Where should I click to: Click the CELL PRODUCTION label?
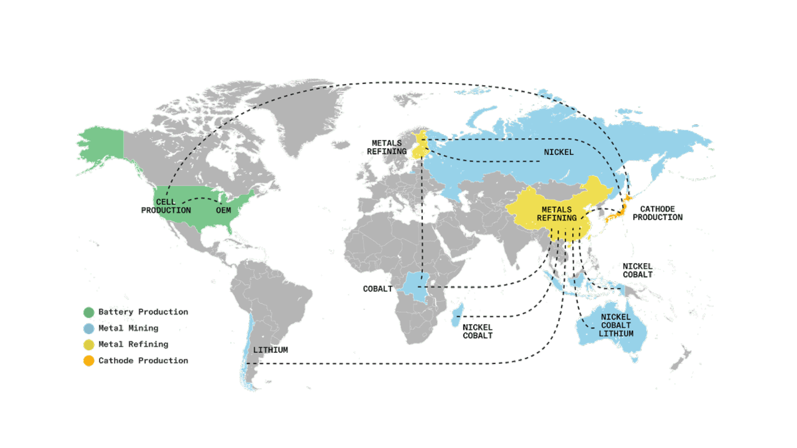click(166, 206)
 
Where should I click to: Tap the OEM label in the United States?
click(223, 210)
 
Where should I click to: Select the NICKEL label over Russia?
click(559, 152)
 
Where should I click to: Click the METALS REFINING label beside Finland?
click(387, 147)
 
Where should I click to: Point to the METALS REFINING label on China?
click(556, 214)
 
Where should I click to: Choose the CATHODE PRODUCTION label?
click(658, 213)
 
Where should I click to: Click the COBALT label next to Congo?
click(377, 289)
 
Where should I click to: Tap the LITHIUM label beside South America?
click(270, 350)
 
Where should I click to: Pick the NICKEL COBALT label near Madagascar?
click(477, 331)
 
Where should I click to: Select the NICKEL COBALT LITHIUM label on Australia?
click(616, 325)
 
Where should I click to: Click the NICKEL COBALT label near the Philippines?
click(638, 270)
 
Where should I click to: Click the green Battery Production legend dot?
click(88, 312)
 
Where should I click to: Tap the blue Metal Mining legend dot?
click(88, 329)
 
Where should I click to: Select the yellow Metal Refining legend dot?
click(88, 344)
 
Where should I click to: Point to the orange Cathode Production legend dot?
click(88, 361)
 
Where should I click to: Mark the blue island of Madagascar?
click(458, 315)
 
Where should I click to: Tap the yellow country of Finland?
click(420, 145)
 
